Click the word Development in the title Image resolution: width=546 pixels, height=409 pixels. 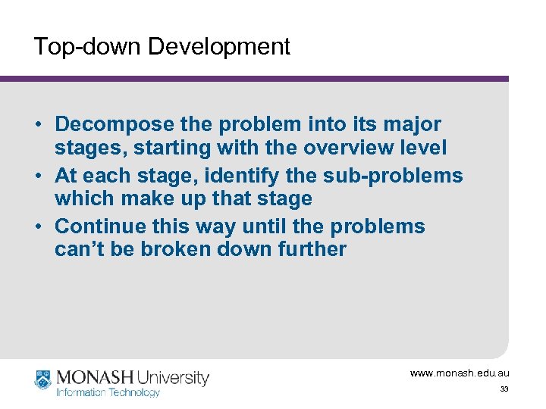218,47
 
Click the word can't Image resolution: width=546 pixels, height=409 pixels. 80,249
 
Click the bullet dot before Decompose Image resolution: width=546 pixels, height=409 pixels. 39,124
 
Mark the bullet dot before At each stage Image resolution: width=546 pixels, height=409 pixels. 39,176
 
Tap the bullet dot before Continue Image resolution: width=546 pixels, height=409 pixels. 39,227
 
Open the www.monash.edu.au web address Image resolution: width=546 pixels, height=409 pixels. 460,373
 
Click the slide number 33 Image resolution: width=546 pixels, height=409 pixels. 504,389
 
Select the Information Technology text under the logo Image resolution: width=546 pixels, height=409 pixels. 108,392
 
